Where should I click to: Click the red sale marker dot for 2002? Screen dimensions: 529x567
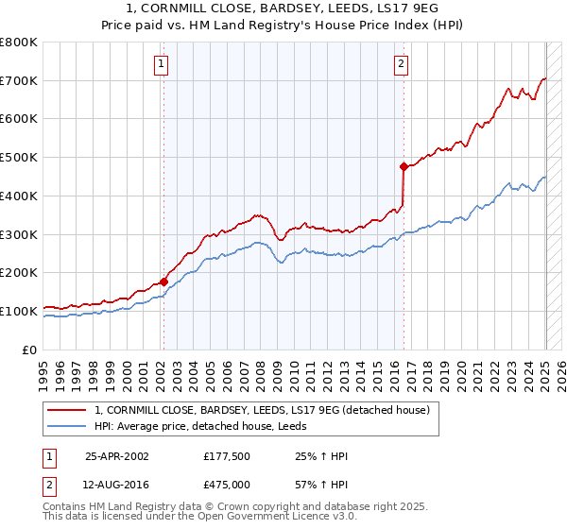pos(163,281)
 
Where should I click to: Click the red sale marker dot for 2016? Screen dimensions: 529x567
pos(404,166)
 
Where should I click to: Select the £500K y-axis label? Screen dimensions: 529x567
pos(19,157)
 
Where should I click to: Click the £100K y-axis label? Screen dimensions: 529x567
pos(19,311)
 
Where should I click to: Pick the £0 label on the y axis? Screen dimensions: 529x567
pos(30,350)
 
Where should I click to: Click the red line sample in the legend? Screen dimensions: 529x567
pos(68,410)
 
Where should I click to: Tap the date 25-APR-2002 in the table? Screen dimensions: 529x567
pos(117,456)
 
